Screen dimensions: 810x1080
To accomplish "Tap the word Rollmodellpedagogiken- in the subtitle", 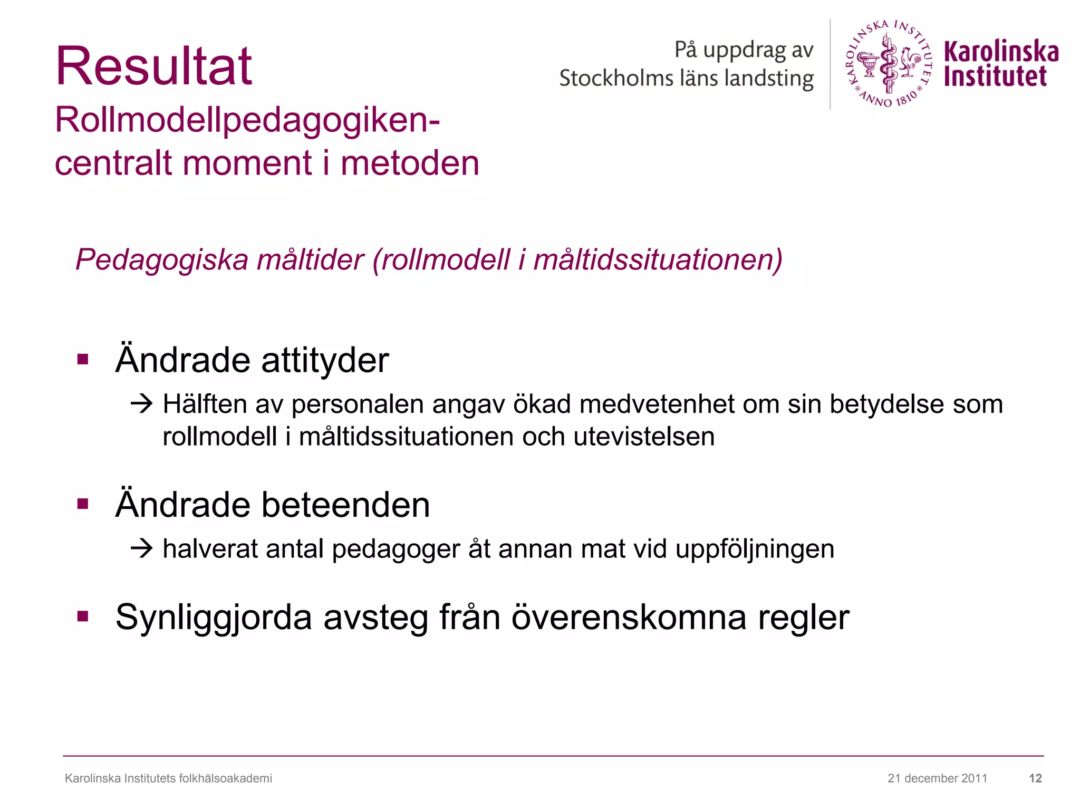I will [247, 120].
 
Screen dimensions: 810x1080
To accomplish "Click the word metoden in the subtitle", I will [410, 163].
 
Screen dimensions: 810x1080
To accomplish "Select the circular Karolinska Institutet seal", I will [889, 64].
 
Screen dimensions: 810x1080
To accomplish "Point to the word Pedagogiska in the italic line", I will [161, 260].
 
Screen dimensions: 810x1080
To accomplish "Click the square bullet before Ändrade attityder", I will [83, 360].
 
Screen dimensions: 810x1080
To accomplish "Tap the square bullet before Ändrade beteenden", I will [83, 504].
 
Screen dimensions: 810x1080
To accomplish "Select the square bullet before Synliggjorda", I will [83, 616].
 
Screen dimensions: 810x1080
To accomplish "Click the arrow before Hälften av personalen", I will [141, 404].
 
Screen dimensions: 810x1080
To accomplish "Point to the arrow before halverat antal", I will [141, 549].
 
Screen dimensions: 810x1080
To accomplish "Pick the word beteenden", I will [345, 505].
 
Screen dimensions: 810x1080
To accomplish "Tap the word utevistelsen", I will [644, 437].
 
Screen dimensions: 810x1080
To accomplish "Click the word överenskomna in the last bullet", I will [629, 617].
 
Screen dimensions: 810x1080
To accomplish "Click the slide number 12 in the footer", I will [1035, 778].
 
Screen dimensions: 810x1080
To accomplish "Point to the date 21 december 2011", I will [937, 778].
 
